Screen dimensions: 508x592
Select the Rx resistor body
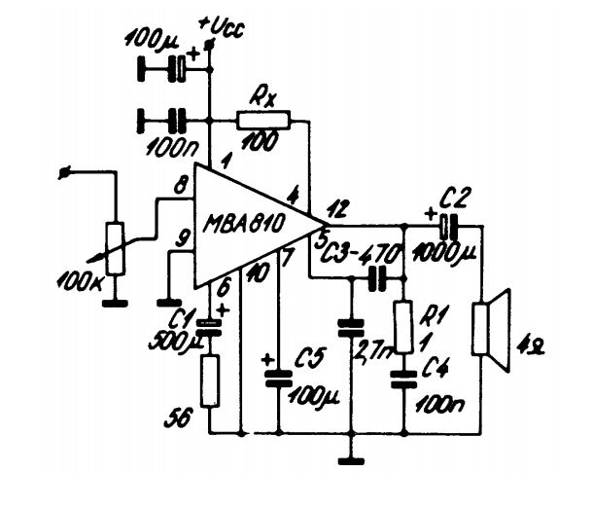262,121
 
